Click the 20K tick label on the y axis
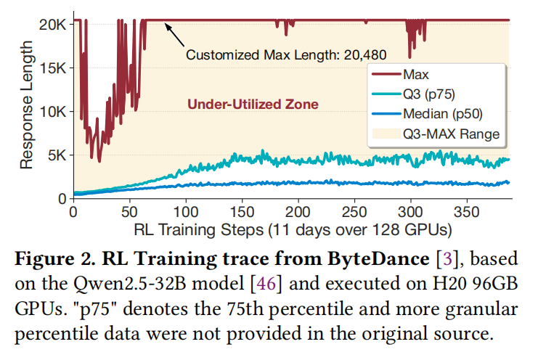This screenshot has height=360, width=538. point(53,24)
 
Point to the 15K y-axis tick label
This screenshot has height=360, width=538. point(53,67)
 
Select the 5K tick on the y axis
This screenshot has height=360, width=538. point(57,155)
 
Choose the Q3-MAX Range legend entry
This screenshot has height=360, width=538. point(439,134)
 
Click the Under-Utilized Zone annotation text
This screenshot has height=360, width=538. point(253,104)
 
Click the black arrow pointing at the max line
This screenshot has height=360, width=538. point(174,33)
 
